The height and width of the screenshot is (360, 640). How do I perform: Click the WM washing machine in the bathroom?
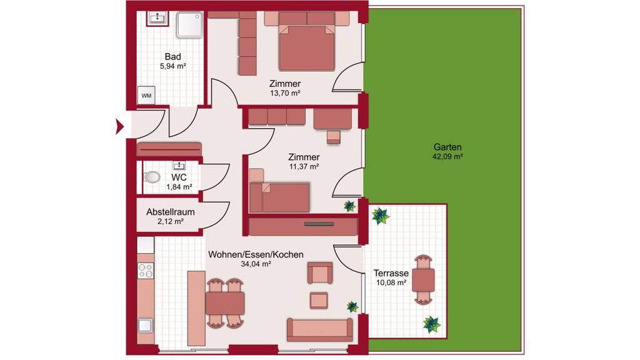click(146, 96)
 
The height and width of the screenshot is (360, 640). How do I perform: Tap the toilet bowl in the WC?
click(152, 177)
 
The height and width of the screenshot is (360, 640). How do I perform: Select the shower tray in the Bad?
click(190, 25)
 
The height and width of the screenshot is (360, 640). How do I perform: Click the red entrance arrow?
click(119, 126)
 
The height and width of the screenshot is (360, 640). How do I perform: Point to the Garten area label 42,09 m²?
click(447, 156)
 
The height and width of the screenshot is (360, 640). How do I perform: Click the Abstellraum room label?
click(170, 212)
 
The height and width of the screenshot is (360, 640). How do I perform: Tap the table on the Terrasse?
click(423, 279)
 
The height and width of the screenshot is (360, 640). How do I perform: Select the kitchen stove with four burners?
click(146, 271)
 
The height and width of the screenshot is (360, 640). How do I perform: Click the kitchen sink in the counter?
click(145, 325)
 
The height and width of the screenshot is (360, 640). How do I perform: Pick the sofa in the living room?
click(319, 330)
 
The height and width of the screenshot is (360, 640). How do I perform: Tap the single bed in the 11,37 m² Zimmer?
click(279, 197)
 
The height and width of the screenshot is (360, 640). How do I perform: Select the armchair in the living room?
click(320, 273)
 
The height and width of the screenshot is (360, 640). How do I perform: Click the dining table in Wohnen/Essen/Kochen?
click(225, 303)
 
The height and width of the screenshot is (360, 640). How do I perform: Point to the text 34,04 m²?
click(256, 264)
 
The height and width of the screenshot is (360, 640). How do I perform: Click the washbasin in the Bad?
click(157, 18)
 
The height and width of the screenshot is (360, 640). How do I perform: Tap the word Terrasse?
click(391, 273)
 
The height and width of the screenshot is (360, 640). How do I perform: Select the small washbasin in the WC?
click(179, 165)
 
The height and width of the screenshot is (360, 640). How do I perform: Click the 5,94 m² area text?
click(173, 66)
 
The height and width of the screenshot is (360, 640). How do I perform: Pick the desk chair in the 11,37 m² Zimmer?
click(334, 137)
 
